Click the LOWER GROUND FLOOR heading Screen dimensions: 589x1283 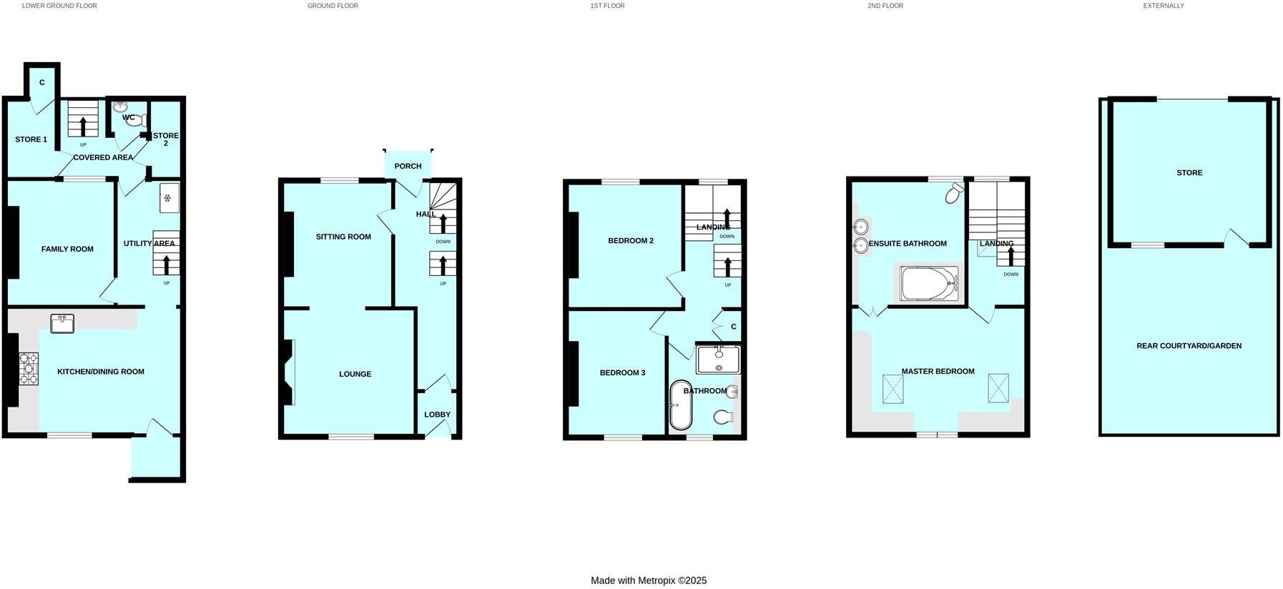pos(59,6)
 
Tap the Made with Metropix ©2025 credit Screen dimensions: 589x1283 pos(648,580)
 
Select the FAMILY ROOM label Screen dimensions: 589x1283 pos(67,249)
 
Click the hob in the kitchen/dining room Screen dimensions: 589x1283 pos(29,369)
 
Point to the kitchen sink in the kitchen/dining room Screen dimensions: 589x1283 pos(62,324)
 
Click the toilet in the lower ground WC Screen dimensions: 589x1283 pos(135,120)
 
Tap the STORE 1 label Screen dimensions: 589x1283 pos(31,139)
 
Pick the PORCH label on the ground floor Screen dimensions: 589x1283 pos(408,167)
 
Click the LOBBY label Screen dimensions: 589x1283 pos(437,415)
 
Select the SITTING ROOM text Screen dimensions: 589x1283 pos(343,237)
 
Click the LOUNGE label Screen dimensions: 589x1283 pos(355,374)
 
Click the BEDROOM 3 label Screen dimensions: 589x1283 pos(622,373)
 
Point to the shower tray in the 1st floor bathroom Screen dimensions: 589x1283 pos(718,360)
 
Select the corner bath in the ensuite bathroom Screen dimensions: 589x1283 pos(928,284)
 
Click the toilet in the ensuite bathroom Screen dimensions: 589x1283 pos(953,193)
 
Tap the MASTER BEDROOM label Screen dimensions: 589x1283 pos(938,372)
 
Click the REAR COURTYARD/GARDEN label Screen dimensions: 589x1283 pos(1189,346)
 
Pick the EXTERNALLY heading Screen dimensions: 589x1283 pos(1163,6)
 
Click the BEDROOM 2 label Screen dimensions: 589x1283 pos(630,241)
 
